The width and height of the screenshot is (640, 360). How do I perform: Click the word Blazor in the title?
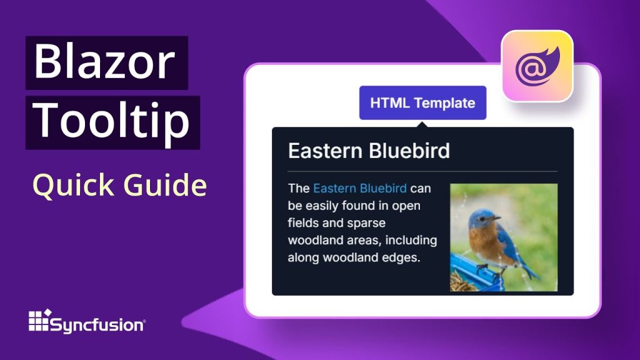(x=104, y=62)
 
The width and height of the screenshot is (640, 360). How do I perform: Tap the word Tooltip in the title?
(x=112, y=121)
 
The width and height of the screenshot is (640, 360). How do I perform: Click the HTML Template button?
(x=422, y=103)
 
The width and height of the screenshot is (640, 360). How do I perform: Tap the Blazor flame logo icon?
(x=537, y=66)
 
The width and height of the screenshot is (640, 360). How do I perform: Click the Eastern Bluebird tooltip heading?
(x=369, y=151)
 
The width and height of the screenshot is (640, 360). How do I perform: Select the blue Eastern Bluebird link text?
(x=360, y=188)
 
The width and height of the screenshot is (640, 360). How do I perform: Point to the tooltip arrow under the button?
(x=423, y=124)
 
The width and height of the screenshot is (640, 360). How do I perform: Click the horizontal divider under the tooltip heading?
(x=422, y=171)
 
